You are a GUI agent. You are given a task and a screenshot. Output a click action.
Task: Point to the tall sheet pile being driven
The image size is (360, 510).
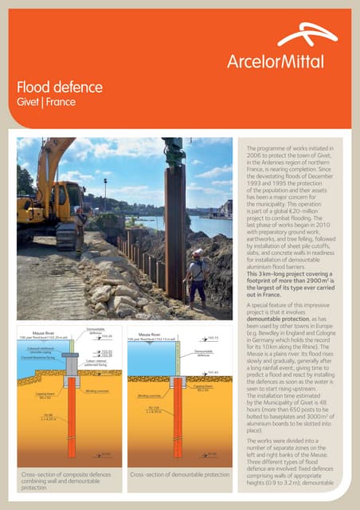point(174,223)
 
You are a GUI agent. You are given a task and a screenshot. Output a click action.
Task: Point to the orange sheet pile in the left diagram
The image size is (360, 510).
point(71,422)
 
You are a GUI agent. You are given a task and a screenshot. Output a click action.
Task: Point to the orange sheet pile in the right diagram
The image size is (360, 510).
point(177,422)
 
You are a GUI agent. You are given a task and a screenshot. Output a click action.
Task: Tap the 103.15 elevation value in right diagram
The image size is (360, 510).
point(213,338)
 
